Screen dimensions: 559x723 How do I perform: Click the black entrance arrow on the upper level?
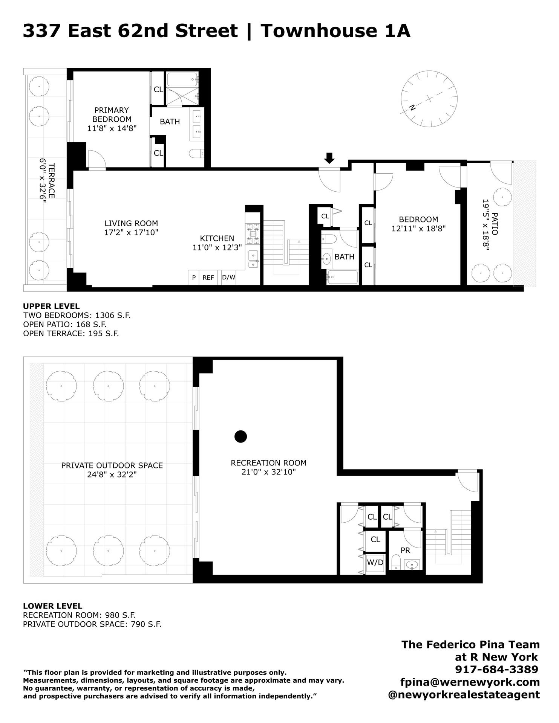[329, 158]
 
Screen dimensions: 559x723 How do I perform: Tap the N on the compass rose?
[412, 107]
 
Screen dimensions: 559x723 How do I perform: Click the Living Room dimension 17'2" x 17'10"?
[131, 232]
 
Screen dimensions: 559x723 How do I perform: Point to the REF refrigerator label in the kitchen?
[208, 278]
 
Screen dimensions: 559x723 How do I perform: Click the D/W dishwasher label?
[228, 278]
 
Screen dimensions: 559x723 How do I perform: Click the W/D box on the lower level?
[375, 563]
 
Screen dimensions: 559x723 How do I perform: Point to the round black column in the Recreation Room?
[240, 436]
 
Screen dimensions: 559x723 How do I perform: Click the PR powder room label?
[405, 551]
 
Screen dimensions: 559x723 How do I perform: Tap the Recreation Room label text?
[268, 463]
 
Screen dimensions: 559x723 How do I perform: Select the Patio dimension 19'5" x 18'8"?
[485, 224]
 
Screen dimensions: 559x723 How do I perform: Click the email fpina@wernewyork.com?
[470, 682]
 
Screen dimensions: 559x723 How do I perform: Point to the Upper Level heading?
[51, 306]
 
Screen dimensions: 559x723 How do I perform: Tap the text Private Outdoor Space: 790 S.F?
[92, 624]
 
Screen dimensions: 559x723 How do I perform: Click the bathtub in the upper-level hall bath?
[342, 278]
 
